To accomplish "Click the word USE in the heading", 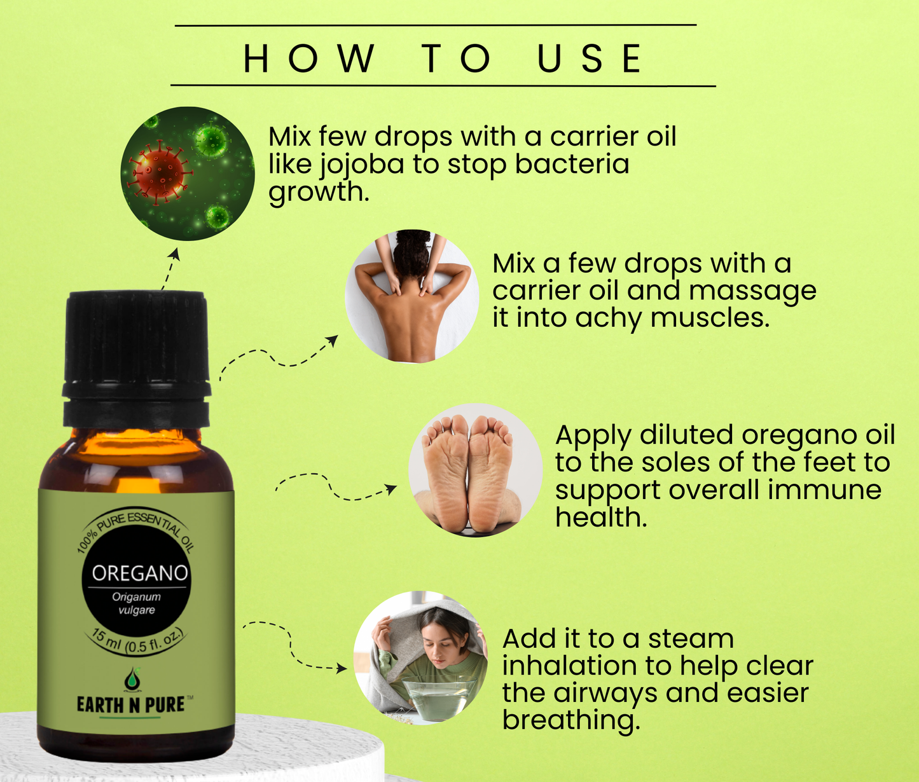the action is point(589,58).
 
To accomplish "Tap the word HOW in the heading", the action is point(310,58).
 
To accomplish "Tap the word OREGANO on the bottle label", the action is point(140,573).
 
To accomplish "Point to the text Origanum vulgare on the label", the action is point(137,603).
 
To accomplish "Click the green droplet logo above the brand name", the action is point(132,679).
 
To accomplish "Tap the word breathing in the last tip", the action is point(571,721).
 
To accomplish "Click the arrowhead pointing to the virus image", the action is point(176,254).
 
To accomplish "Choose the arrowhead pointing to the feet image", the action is point(390,489).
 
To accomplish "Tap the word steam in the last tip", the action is point(691,639).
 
